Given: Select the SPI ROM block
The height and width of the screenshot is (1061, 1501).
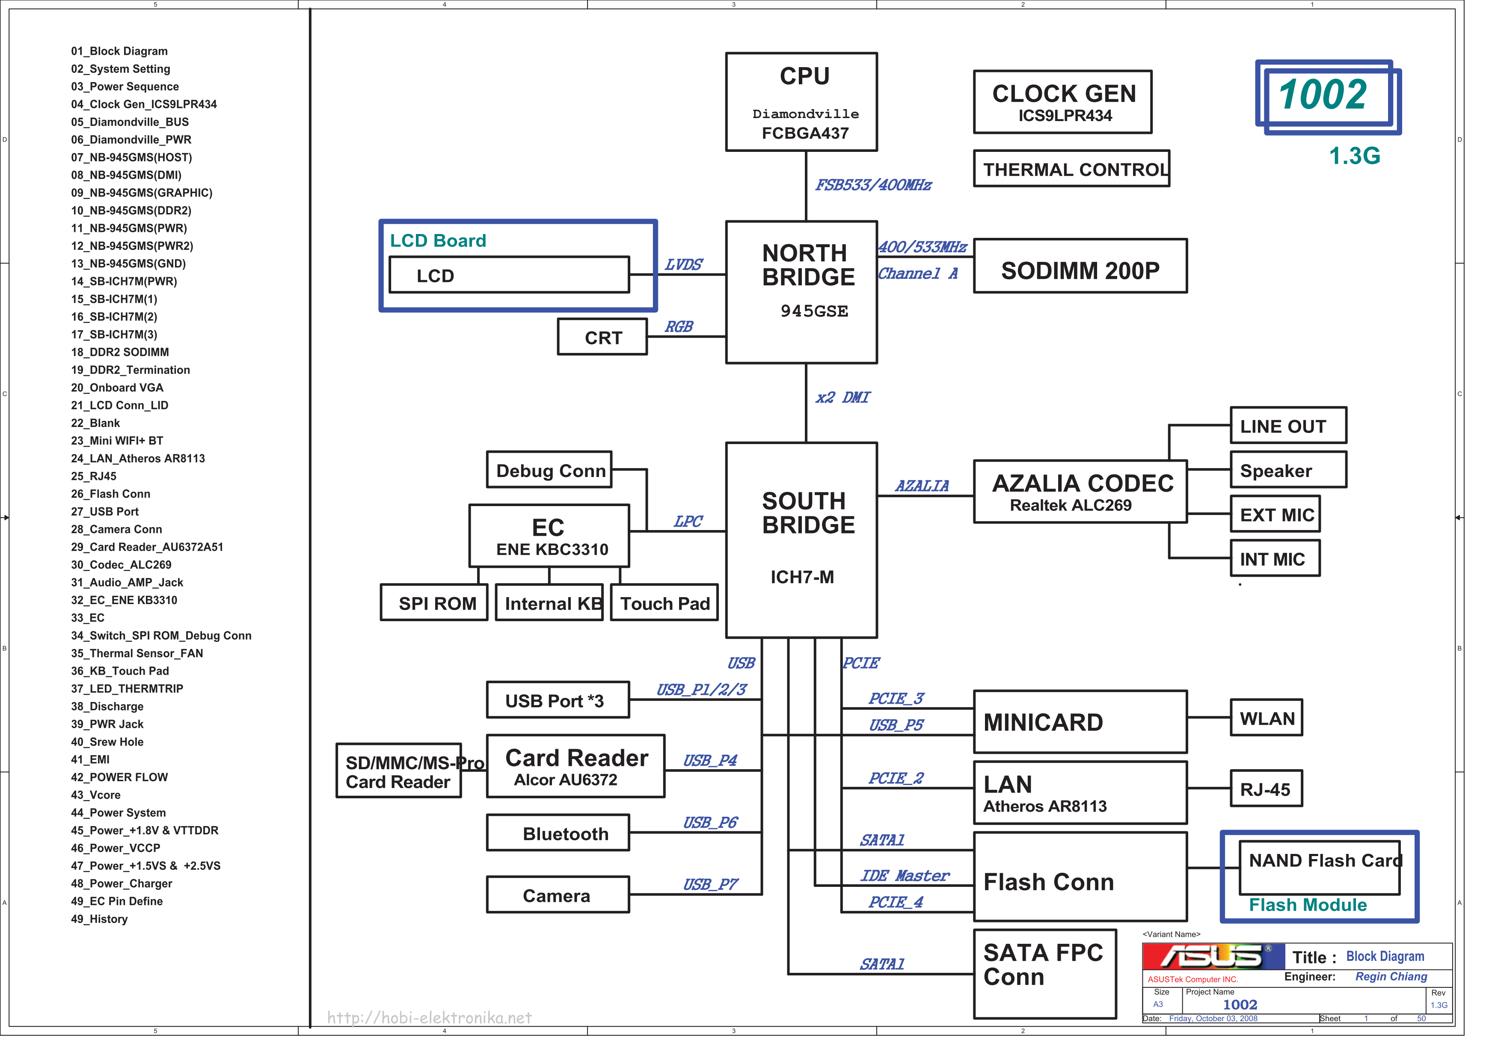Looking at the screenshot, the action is pos(434,602).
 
